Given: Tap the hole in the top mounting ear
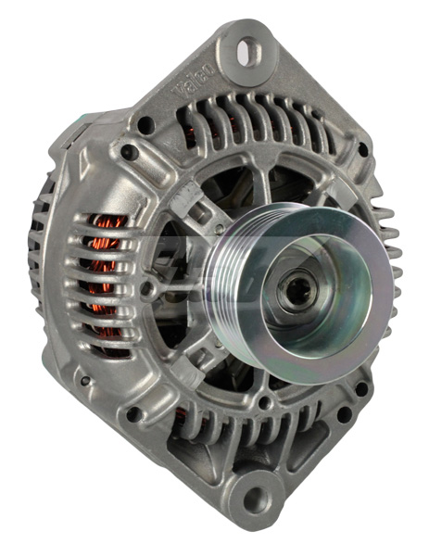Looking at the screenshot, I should click(x=247, y=52).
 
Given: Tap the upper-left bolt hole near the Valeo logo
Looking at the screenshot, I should click(x=145, y=124).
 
